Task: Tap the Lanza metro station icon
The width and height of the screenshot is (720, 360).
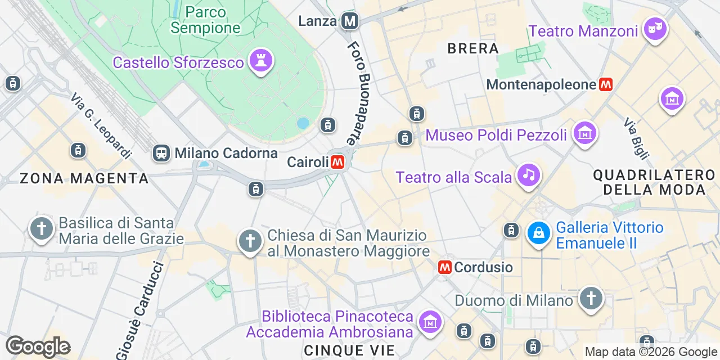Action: tap(350, 21)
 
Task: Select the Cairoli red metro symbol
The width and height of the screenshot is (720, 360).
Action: tap(337, 162)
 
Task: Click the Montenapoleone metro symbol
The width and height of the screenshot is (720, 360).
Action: tap(605, 85)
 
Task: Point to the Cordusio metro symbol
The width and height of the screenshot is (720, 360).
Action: tap(445, 267)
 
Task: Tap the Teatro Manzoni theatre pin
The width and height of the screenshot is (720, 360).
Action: tap(655, 29)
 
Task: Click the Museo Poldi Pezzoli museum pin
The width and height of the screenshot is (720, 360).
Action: tap(585, 133)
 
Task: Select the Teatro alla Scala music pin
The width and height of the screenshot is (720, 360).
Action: tap(528, 175)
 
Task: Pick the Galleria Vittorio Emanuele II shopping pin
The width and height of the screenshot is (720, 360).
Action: tap(538, 233)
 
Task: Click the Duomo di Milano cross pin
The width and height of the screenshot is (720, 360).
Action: tap(591, 298)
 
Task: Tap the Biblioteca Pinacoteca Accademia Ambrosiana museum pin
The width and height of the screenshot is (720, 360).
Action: tap(430, 322)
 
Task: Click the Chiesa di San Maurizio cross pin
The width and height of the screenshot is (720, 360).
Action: tap(250, 241)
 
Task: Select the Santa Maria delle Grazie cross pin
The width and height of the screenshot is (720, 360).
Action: tap(42, 229)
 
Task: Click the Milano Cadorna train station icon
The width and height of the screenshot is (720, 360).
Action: tap(161, 152)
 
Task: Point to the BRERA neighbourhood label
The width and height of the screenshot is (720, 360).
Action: tap(473, 48)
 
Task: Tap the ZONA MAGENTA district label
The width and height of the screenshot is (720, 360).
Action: tap(84, 179)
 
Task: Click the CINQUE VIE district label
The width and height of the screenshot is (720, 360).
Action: tap(349, 350)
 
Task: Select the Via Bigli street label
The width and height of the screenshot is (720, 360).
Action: tap(637, 138)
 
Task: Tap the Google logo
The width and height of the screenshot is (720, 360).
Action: tap(38, 346)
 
